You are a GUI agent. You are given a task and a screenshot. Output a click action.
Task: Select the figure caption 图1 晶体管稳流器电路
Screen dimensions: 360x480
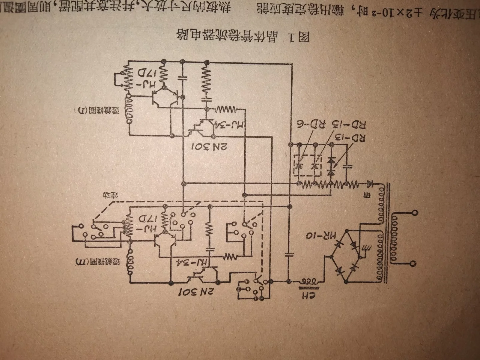click(x=243, y=36)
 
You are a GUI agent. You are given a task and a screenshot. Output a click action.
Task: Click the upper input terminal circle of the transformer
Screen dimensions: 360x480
click(x=415, y=213)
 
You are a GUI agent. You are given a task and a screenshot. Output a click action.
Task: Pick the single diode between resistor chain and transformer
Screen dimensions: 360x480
click(x=370, y=183)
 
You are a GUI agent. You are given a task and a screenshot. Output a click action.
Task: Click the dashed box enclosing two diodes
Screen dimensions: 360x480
click(x=308, y=166)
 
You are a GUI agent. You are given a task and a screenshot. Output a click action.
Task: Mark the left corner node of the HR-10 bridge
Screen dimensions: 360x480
click(x=331, y=257)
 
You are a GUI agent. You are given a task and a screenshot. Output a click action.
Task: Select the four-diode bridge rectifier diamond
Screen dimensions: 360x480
click(x=346, y=256)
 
